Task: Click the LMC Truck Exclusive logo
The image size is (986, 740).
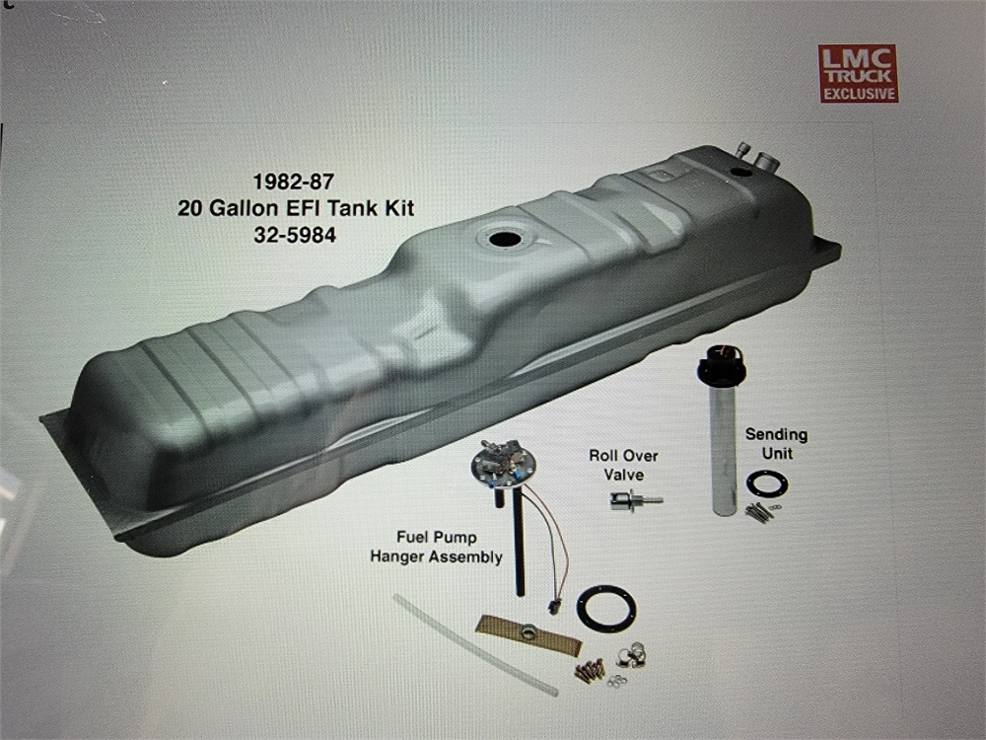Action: (858, 73)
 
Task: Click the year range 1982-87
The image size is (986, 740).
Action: (294, 182)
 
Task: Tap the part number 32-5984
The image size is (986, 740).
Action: (295, 236)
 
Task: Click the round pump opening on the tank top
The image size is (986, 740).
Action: (503, 239)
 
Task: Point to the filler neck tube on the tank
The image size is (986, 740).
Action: (767, 161)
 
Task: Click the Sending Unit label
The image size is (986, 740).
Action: (777, 444)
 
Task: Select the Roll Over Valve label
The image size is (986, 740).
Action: (623, 465)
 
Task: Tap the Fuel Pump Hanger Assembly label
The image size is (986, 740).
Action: (436, 547)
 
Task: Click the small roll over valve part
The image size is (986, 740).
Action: (635, 501)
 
